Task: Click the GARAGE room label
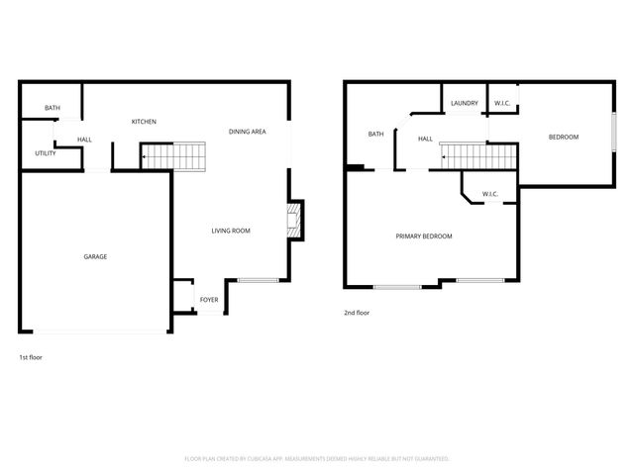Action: [x=95, y=256]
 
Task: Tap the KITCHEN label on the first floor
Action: [x=144, y=122]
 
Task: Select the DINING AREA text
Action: [x=247, y=132]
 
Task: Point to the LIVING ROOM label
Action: [x=230, y=231]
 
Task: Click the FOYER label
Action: [x=209, y=298]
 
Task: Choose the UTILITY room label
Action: [x=46, y=153]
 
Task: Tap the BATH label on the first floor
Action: [x=53, y=108]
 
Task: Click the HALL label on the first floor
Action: [x=84, y=140]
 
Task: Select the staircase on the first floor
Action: [x=173, y=155]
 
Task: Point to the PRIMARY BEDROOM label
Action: [x=424, y=236]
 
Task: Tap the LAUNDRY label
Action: [x=464, y=103]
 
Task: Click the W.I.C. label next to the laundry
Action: [x=502, y=103]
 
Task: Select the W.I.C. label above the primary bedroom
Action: [x=489, y=193]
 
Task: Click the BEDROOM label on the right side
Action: [x=564, y=137]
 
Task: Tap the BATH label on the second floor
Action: [x=375, y=134]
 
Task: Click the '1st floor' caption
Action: [x=31, y=356]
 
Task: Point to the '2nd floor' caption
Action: [x=356, y=312]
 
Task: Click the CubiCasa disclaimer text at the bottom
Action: [x=317, y=459]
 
